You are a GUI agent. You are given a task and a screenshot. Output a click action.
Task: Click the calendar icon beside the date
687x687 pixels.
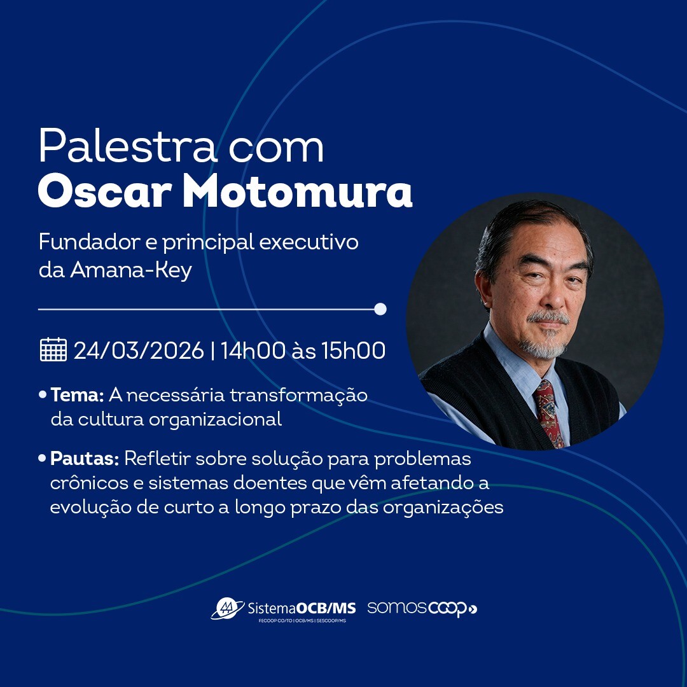[53, 350]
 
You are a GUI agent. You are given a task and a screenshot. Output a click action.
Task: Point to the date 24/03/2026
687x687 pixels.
[139, 350]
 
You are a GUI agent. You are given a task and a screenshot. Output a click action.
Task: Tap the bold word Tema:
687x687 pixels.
[77, 395]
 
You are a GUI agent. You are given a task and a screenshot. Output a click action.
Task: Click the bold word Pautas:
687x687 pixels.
[85, 458]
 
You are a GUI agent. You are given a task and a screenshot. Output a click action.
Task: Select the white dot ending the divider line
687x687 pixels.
[380, 309]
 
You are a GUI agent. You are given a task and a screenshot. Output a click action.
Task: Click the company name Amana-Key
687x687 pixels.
[131, 270]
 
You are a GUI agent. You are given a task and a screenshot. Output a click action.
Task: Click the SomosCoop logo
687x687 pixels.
[422, 608]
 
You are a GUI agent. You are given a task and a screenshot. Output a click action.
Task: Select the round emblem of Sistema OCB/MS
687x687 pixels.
[226, 608]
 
